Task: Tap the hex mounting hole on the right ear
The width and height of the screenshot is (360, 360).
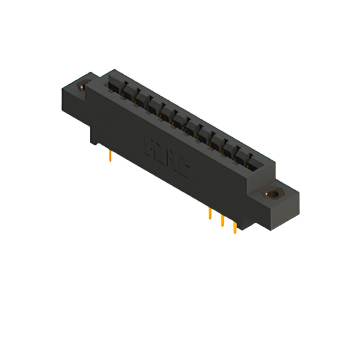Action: (x=274, y=193)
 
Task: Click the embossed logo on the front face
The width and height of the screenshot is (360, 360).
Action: (x=166, y=160)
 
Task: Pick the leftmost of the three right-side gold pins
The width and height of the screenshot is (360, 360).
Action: (x=209, y=214)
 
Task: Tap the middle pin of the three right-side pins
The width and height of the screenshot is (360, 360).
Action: (x=222, y=220)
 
